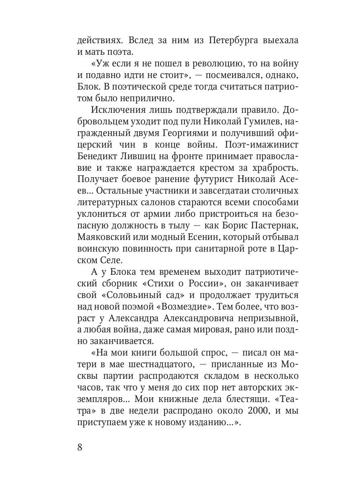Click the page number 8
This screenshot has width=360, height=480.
pyautogui.click(x=79, y=446)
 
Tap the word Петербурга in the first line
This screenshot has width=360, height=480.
pyautogui.click(x=214, y=41)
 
